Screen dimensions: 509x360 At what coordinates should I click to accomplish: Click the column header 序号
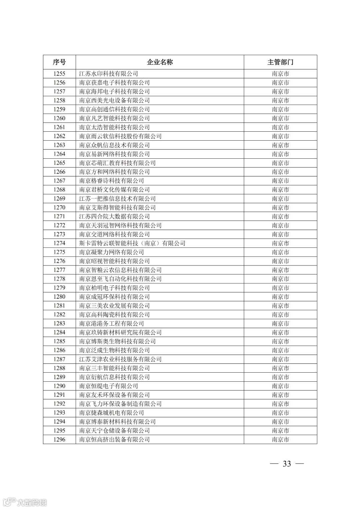tap(59, 62)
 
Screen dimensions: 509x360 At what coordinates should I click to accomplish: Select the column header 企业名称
tap(160, 62)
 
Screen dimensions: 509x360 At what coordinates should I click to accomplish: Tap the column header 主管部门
tap(280, 62)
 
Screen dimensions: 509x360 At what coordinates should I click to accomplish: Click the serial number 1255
tap(59, 74)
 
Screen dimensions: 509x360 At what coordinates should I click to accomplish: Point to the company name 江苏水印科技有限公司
tap(109, 74)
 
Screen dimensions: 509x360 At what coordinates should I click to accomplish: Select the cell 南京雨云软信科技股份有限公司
tap(120, 136)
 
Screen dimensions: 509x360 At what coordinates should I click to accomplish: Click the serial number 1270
tap(59, 207)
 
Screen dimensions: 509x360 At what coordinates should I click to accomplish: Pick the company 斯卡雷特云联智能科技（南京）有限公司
tap(132, 243)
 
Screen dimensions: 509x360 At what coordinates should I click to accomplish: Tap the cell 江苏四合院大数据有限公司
tap(114, 216)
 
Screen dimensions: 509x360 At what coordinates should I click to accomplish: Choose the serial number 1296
tap(59, 439)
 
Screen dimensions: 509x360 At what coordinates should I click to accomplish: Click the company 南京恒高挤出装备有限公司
tap(114, 439)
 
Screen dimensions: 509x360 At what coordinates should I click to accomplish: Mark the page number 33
tap(287, 464)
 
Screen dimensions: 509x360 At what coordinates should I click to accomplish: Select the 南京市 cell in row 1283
tap(280, 323)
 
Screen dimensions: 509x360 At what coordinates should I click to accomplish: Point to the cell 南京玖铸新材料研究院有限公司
tap(120, 332)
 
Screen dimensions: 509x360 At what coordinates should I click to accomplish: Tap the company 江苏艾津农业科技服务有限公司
tap(120, 359)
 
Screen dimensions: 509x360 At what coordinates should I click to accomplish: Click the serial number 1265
tap(59, 163)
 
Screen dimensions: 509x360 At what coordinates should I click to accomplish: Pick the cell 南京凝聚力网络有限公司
tap(112, 252)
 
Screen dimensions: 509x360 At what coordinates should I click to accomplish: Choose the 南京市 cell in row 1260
tap(280, 118)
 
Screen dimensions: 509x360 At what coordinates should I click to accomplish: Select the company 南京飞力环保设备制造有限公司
tap(120, 404)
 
